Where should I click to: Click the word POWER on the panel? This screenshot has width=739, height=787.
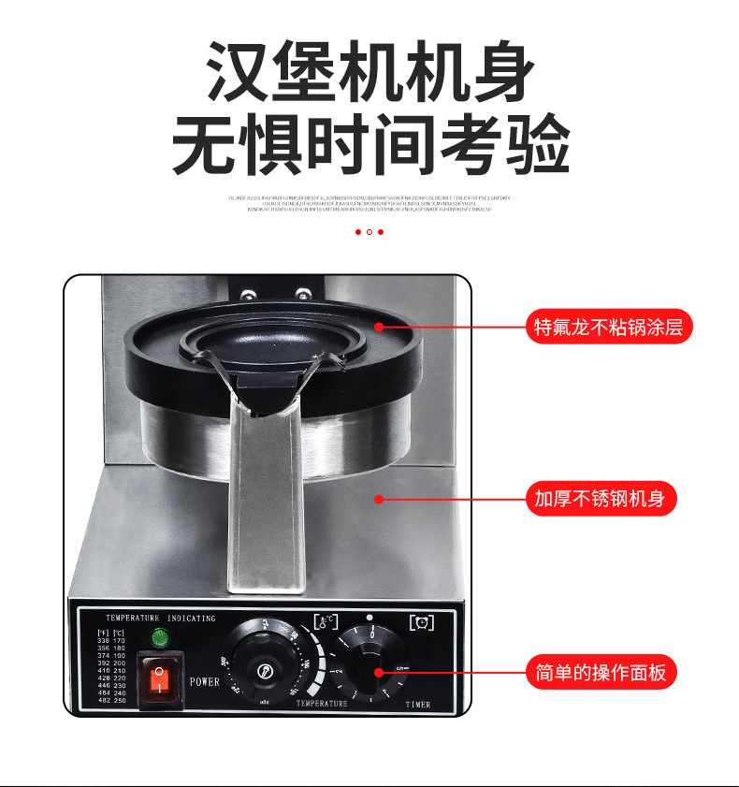point(204,682)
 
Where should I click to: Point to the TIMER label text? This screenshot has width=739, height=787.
point(418,705)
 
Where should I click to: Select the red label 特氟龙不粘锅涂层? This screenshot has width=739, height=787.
point(609,327)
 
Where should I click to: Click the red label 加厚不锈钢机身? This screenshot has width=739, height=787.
point(600,499)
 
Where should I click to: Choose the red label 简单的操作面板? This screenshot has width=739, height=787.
point(600,672)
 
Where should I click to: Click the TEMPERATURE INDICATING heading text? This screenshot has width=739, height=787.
point(160,619)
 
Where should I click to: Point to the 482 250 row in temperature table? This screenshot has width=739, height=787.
point(112,700)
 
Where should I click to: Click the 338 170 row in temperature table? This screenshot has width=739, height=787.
point(112,640)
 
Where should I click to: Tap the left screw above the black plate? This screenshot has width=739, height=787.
point(250,295)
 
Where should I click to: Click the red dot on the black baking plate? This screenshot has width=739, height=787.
point(379,327)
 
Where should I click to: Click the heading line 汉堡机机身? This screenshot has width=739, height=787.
point(369,73)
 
